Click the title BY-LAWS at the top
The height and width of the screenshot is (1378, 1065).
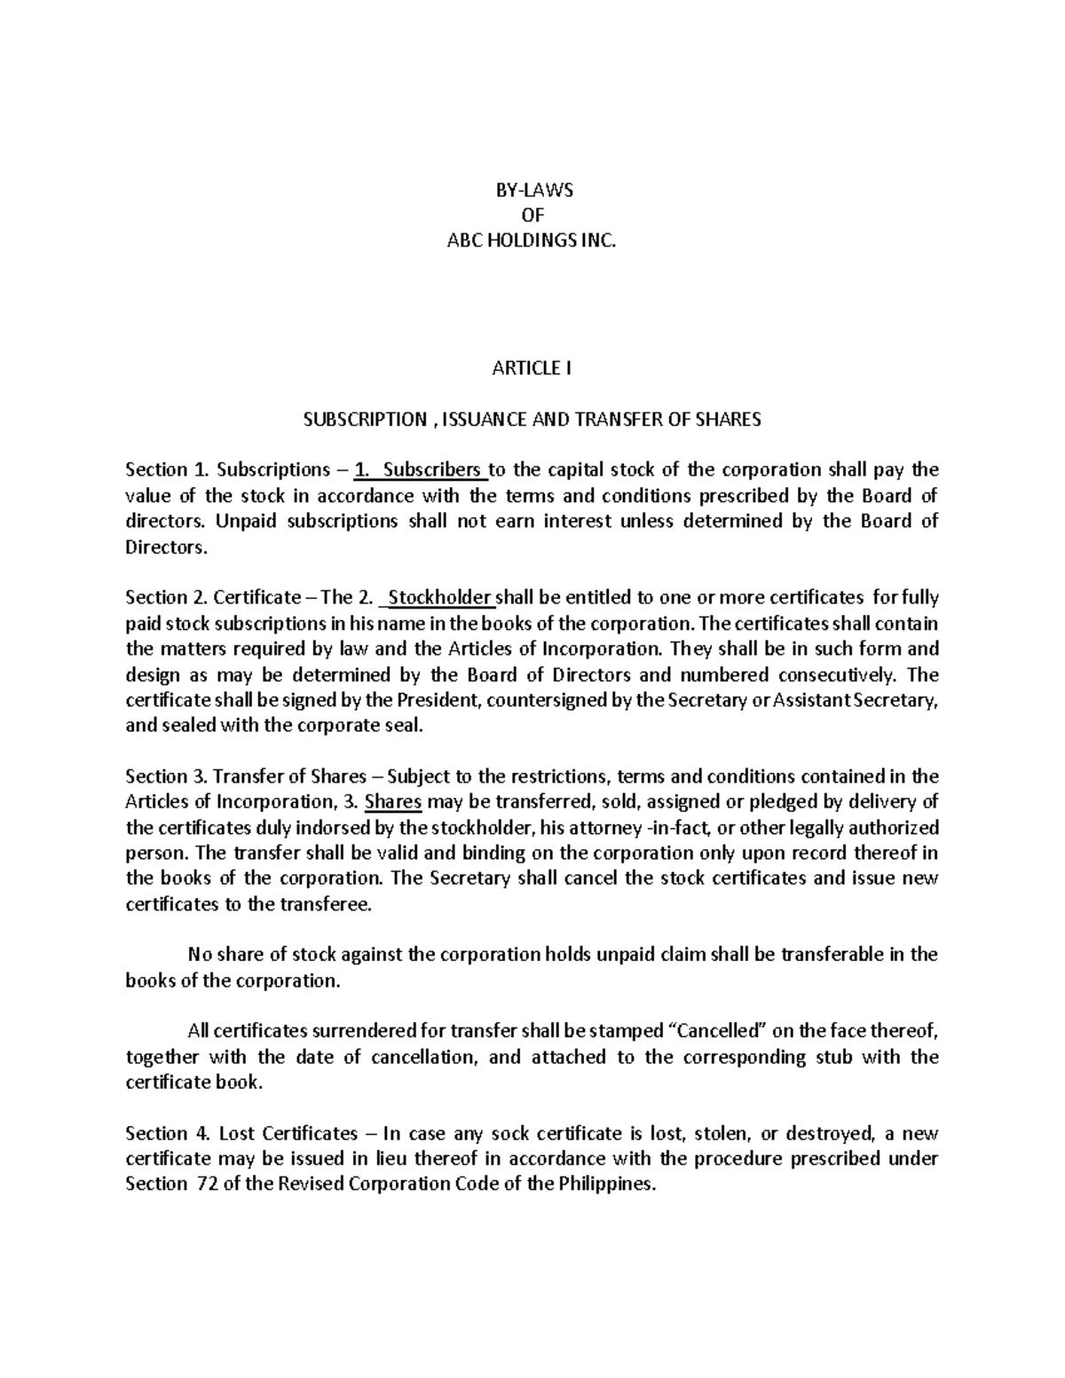coord(532,190)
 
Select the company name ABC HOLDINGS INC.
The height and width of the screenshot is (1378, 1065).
coord(532,240)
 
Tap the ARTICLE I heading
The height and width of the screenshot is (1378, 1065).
coord(532,368)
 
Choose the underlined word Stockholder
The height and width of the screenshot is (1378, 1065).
coord(440,597)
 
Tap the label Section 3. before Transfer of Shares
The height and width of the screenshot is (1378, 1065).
coord(157,776)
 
